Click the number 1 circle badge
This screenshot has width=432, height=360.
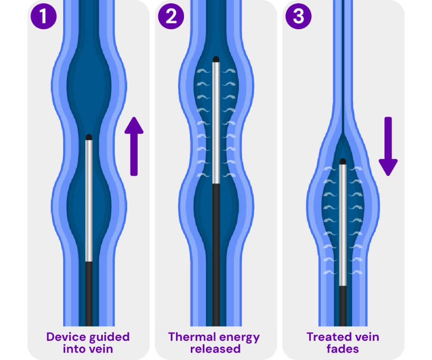[43, 16]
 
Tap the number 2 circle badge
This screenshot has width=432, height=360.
[171, 16]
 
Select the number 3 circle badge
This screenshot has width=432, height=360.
[298, 16]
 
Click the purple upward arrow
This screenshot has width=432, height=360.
[134, 146]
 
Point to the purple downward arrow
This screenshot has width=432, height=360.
[388, 146]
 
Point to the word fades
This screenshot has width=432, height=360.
[342, 349]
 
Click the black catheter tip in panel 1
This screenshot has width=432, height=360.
[89, 137]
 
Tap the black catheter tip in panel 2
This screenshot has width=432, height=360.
[216, 59]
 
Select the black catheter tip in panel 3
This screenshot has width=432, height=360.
[343, 161]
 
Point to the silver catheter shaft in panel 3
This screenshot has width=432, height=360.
[343, 224]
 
